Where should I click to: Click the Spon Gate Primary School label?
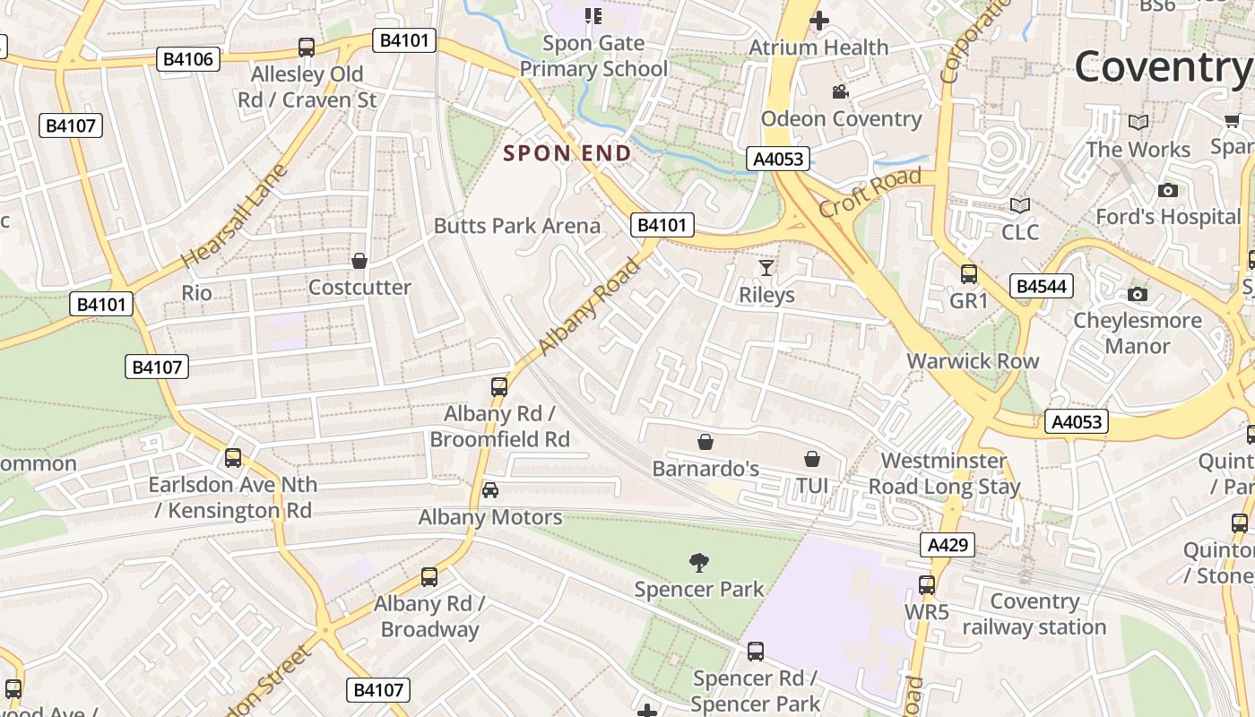point(593,56)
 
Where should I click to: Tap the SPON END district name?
point(567,153)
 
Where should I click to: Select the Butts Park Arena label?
point(517,225)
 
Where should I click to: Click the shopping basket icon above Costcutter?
point(359,261)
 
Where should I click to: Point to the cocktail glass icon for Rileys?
point(766,267)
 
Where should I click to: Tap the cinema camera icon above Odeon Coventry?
point(840,92)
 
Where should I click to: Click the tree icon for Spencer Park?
point(699,563)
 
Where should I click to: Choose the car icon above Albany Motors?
point(490,490)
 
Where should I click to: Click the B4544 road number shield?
point(1041,286)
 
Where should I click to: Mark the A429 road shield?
point(947,545)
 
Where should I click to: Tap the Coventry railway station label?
point(1034,614)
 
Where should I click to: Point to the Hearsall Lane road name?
point(233,216)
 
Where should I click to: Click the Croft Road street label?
point(869,192)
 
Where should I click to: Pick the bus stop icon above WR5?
point(927,585)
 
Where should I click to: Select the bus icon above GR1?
point(969,274)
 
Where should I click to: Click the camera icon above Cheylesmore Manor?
point(1138,294)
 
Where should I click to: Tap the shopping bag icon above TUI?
point(812,459)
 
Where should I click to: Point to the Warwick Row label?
point(973,361)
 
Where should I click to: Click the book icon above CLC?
point(1020,205)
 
